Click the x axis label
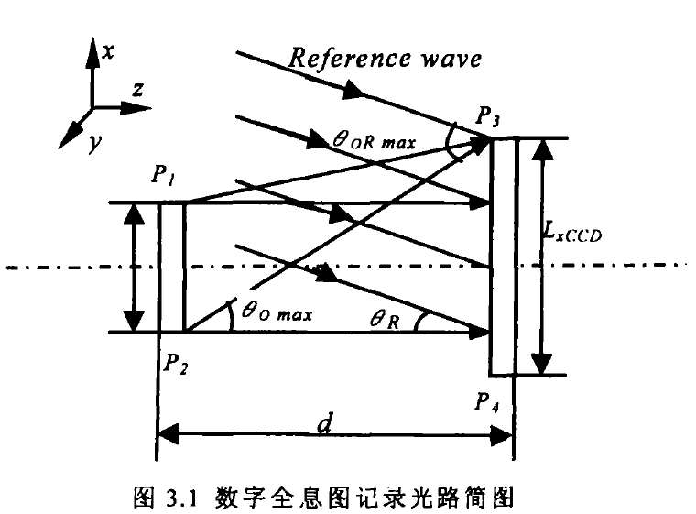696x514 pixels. click(108, 51)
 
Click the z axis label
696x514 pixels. click(138, 89)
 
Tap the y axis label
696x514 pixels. click(95, 143)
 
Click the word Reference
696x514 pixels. click(349, 59)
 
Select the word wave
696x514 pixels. click(451, 59)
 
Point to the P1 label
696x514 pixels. click(162, 174)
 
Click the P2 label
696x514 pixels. click(176, 364)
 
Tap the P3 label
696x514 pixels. click(488, 116)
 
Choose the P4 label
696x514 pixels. click(487, 402)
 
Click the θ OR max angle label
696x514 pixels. click(375, 141)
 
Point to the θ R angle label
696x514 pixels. click(385, 319)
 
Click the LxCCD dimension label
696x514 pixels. click(573, 232)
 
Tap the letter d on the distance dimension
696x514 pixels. click(325, 423)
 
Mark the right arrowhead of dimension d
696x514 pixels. click(502, 435)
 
